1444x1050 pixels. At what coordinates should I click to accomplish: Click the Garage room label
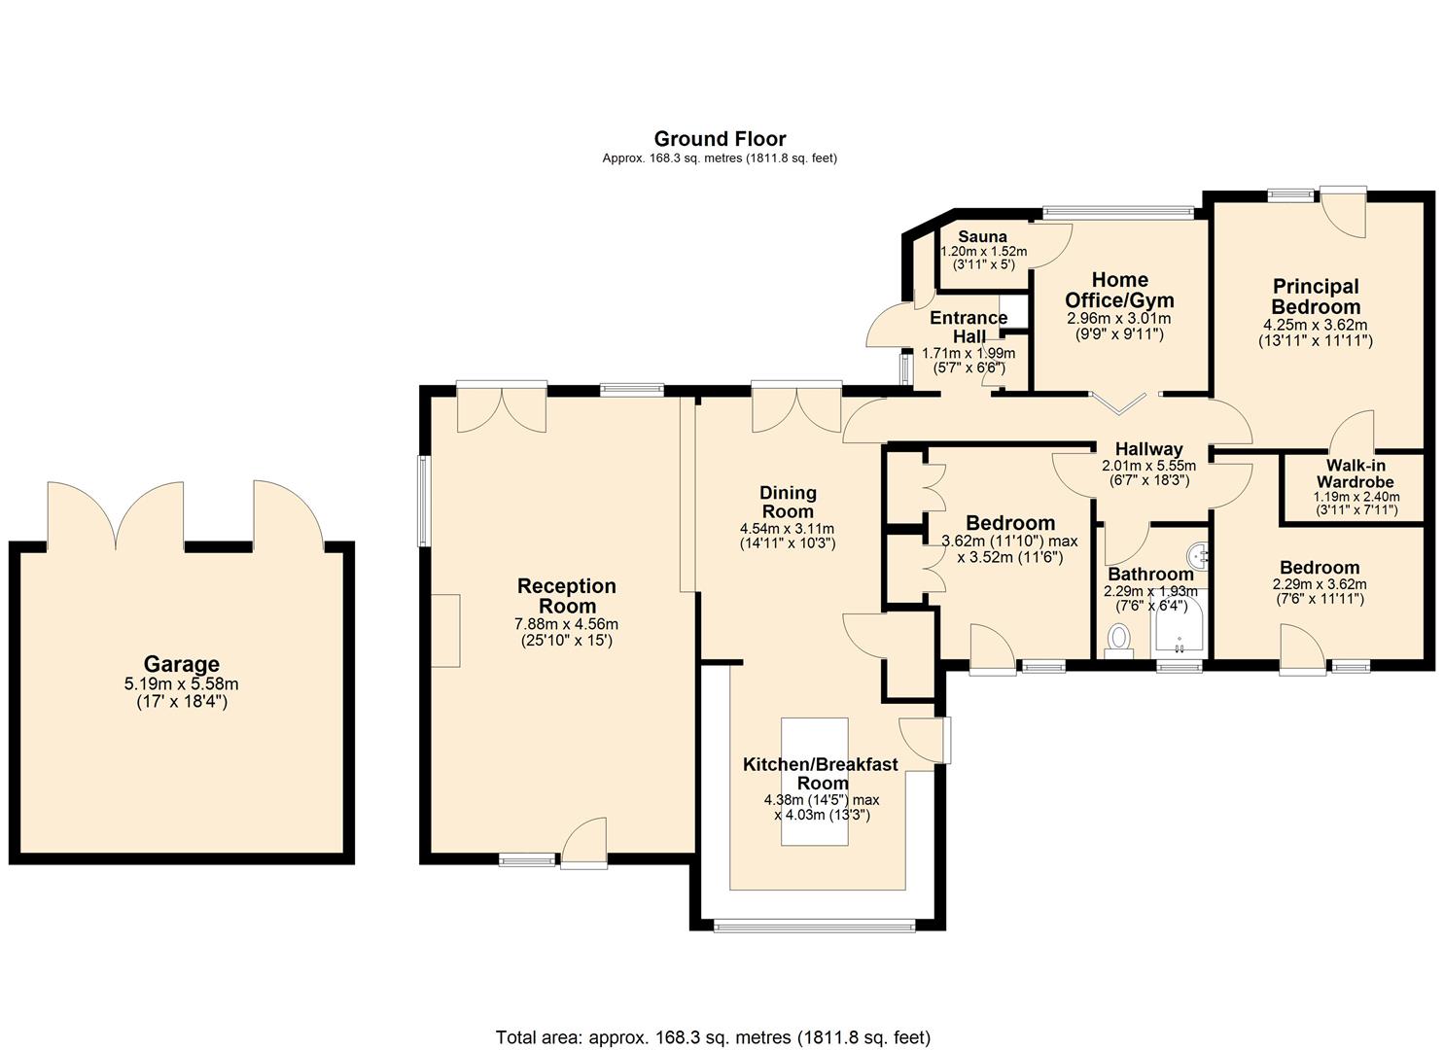tap(181, 664)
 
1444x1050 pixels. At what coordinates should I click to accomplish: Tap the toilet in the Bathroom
tap(1118, 640)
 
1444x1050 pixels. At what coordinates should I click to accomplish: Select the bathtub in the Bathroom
tap(1180, 624)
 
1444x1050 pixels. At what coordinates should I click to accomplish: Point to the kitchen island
tap(814, 782)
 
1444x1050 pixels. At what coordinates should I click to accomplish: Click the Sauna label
tap(982, 236)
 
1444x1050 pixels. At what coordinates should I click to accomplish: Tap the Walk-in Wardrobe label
tap(1356, 473)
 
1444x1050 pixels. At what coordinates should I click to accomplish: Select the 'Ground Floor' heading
tap(720, 139)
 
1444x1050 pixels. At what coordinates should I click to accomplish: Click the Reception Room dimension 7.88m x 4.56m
tap(566, 624)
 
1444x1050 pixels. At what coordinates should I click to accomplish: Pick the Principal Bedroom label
tap(1316, 296)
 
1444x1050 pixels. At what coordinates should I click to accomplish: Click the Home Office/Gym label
tap(1119, 290)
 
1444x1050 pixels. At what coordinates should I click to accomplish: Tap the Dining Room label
tap(788, 502)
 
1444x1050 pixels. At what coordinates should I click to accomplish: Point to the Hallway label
tap(1148, 448)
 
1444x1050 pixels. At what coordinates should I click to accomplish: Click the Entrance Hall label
tap(969, 327)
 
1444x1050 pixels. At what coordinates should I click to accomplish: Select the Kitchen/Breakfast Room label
tap(821, 774)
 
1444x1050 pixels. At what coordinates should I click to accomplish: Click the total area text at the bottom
tap(713, 1019)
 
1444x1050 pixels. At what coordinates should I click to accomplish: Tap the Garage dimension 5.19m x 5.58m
tap(181, 683)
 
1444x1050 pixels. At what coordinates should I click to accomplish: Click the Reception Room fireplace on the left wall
tap(445, 630)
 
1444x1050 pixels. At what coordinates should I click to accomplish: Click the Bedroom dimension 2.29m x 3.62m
tap(1319, 584)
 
